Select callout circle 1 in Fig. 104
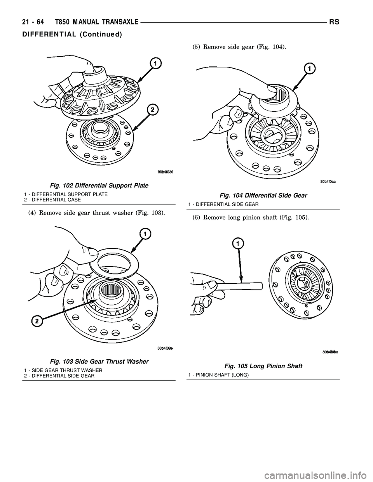click(309, 69)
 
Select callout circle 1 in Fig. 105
click(237, 244)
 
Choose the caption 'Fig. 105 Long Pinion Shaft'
click(263, 366)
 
